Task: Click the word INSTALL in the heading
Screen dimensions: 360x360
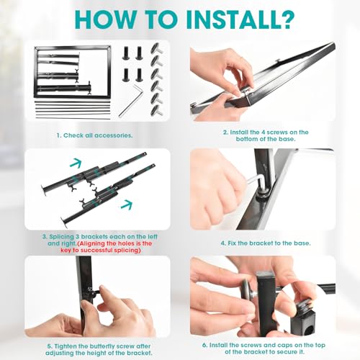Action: click(228, 19)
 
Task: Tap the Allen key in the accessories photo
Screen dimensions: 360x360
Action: click(131, 100)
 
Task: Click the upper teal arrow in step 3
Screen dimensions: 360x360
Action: click(76, 163)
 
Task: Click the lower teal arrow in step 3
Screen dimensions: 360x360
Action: click(127, 204)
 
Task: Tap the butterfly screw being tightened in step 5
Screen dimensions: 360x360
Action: click(95, 291)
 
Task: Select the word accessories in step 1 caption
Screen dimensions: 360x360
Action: click(113, 135)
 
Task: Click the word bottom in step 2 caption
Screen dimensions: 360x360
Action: click(246, 139)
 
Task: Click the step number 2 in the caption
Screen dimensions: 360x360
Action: click(225, 132)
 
